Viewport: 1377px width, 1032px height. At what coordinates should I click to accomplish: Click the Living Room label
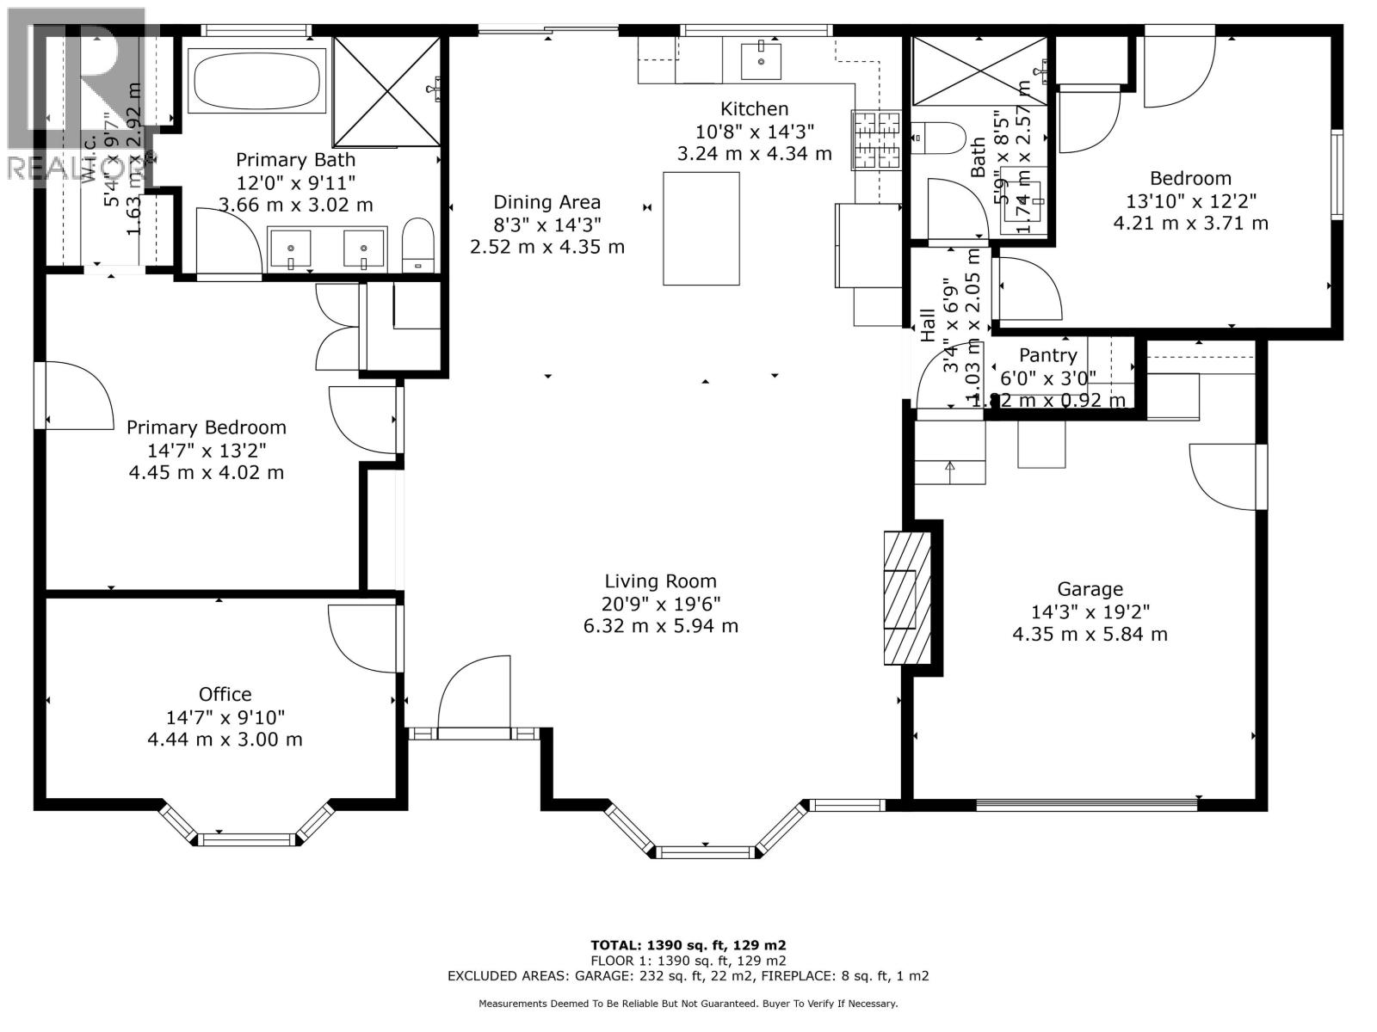point(660,581)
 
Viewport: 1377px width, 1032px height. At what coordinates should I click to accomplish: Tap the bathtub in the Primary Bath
point(259,80)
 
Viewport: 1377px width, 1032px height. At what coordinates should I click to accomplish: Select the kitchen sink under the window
point(762,59)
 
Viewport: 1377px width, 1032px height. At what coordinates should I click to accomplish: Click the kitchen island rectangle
point(701,229)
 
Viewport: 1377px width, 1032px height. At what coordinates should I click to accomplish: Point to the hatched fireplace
point(907,599)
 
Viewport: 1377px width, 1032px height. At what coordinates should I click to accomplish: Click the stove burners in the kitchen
point(876,138)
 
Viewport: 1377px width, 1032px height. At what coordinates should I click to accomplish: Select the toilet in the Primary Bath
point(419,245)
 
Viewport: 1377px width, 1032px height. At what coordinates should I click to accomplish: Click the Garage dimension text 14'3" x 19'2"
point(1090,612)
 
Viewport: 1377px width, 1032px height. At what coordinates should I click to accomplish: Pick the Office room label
point(225,694)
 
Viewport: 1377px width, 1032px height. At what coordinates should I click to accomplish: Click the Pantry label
point(1047,355)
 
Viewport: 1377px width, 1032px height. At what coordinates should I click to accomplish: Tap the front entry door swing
point(473,697)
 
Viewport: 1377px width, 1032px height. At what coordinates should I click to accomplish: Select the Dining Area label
point(546,202)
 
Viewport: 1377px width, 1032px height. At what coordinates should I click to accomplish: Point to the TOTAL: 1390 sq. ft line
point(688,944)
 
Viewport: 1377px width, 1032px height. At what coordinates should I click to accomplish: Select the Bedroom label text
point(1190,179)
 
